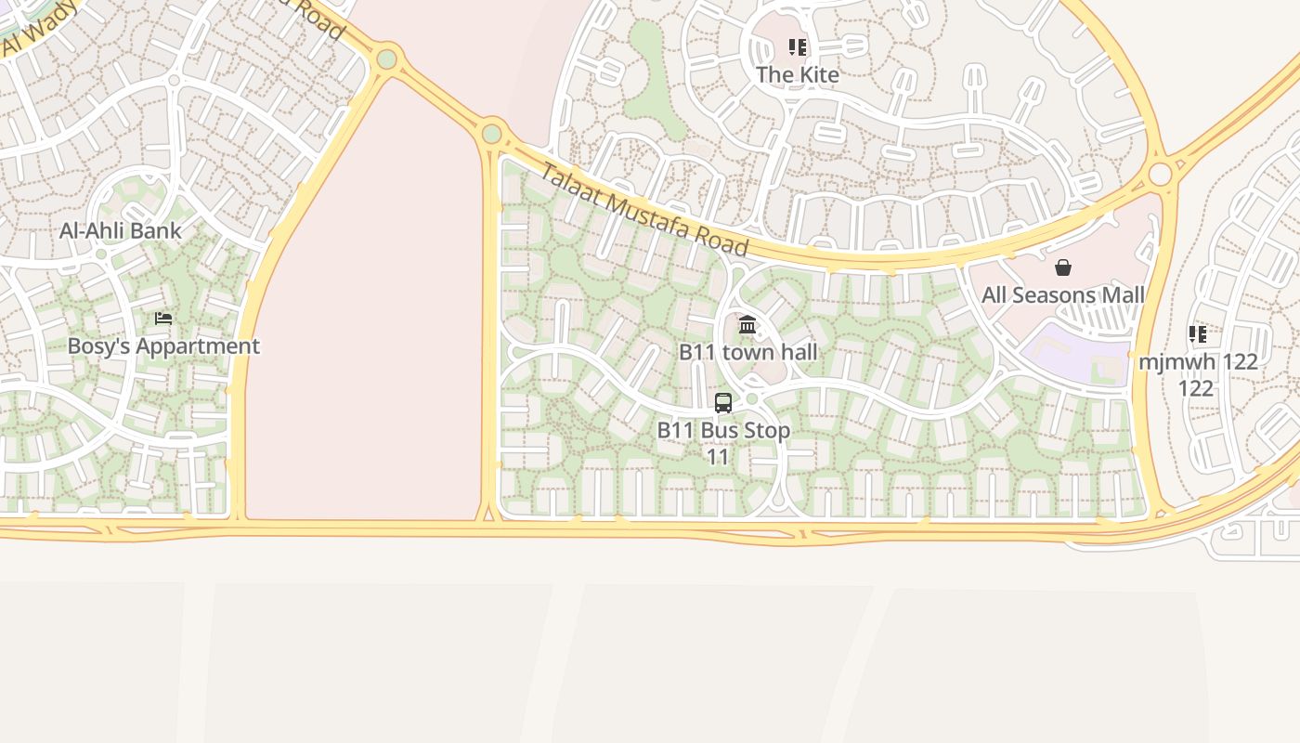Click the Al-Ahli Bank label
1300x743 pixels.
coord(121,230)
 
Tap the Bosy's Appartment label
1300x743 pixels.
coord(163,346)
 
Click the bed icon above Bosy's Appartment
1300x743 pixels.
coord(163,319)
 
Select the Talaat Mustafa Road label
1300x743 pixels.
coord(643,210)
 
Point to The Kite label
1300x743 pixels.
coord(797,74)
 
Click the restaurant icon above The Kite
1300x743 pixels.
coord(798,47)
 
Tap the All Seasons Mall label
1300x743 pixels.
coord(1063,295)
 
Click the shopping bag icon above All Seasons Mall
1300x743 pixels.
coord(1063,268)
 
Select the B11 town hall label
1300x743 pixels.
coord(747,352)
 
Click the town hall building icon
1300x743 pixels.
coord(747,324)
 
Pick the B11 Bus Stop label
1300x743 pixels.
coord(723,430)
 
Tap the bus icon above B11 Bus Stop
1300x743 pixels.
coord(723,403)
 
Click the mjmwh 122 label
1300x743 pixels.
coord(1198,361)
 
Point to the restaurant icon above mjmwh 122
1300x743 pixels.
coord(1198,334)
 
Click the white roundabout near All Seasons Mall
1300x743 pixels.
coord(1160,174)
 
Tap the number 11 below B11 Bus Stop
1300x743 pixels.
coord(718,457)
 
